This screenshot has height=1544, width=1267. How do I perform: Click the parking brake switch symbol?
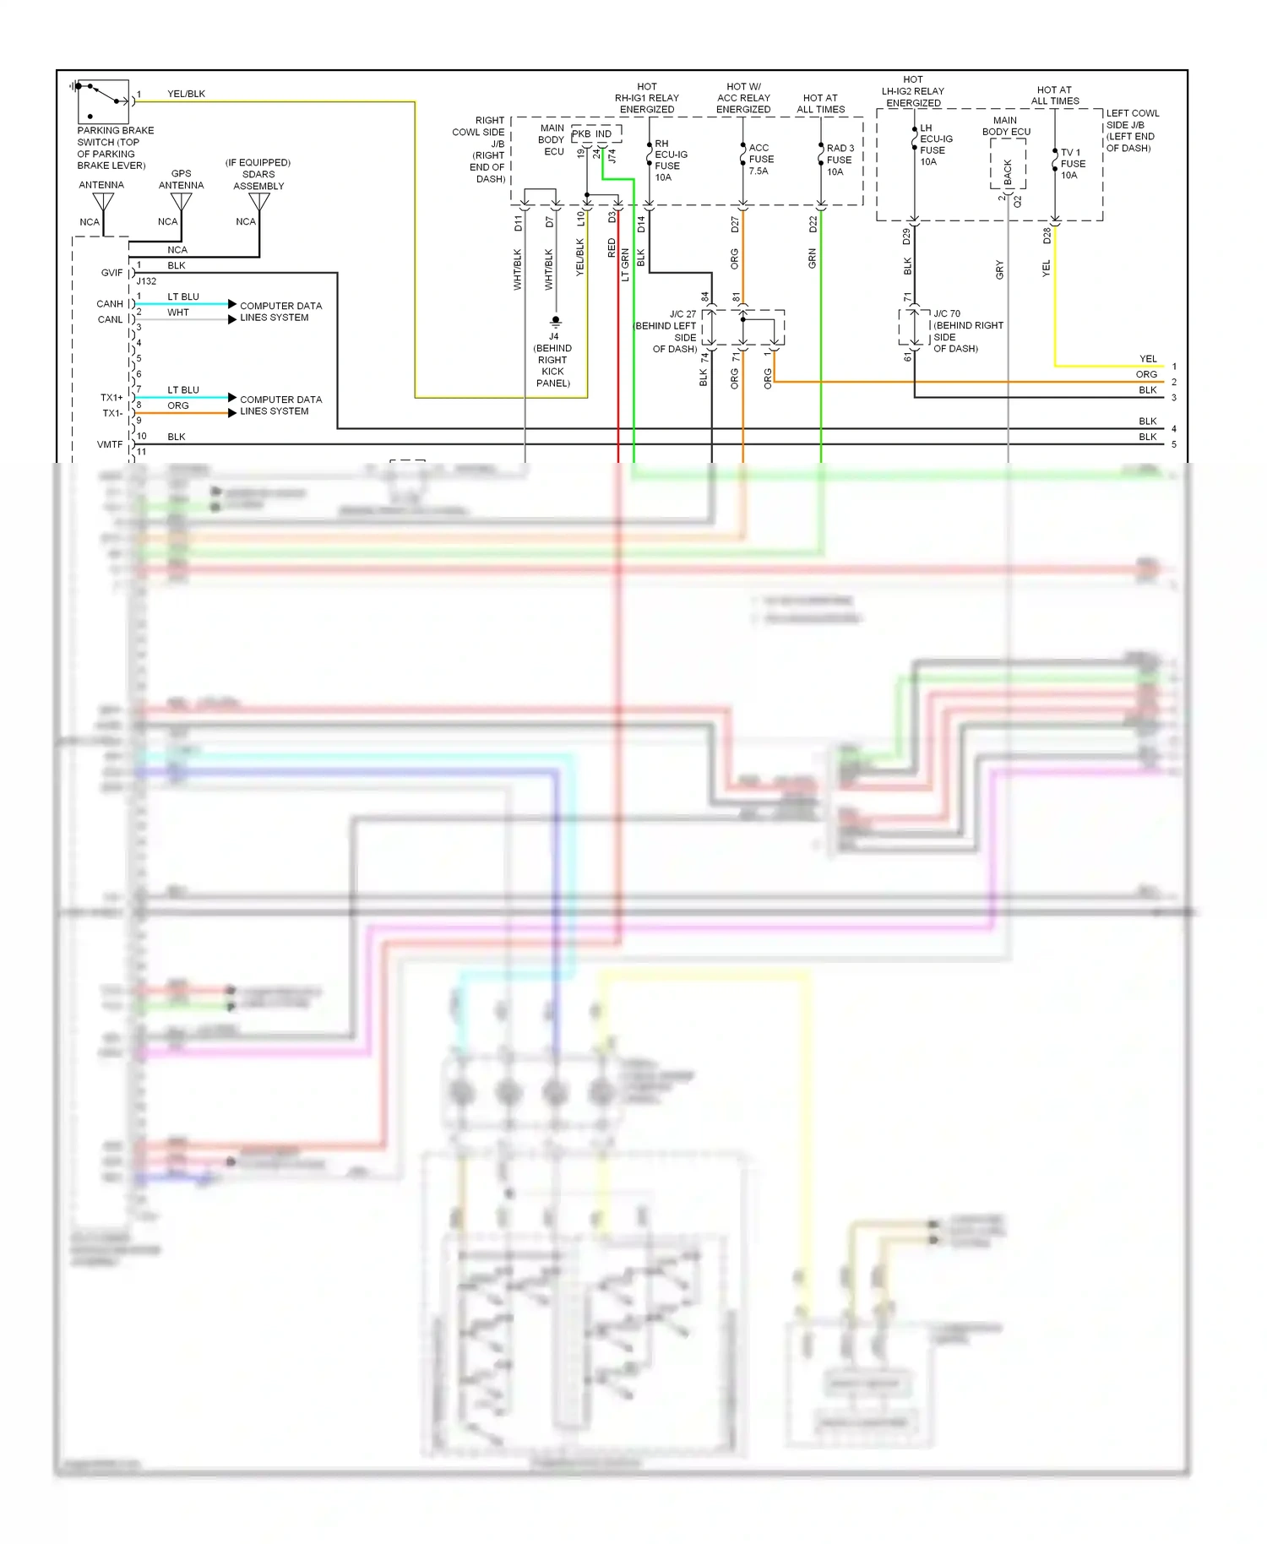[102, 102]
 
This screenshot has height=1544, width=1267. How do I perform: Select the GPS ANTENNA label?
[181, 179]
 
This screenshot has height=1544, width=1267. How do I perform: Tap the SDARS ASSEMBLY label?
[258, 180]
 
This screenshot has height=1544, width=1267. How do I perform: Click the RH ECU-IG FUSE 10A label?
[671, 160]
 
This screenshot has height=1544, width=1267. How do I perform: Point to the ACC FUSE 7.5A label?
[760, 159]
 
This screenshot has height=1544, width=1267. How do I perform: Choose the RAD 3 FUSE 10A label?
[840, 160]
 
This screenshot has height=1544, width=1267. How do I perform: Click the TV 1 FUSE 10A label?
[1072, 164]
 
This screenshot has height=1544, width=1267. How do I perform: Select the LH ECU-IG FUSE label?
[935, 144]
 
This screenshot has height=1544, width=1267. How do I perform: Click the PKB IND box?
[595, 133]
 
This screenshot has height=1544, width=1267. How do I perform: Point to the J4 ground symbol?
[555, 321]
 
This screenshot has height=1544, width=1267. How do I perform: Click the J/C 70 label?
[947, 313]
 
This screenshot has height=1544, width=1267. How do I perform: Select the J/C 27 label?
[682, 314]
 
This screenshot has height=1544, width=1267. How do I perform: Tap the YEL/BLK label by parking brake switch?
[186, 94]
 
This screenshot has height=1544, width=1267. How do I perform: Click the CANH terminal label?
[110, 303]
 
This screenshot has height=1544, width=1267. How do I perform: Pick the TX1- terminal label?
[112, 413]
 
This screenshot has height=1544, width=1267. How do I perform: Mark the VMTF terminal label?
[110, 444]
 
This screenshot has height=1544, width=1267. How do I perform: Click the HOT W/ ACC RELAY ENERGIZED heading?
[743, 98]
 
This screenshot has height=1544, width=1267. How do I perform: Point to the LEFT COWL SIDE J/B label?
[1132, 130]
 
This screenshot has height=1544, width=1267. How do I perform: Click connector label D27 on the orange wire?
[735, 225]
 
